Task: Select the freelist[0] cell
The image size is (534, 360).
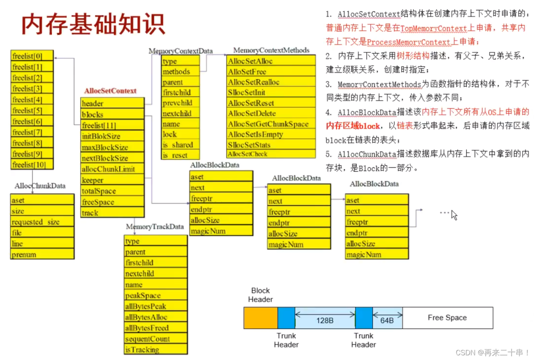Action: pyautogui.click(x=32, y=56)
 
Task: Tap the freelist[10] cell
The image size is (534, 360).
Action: pyautogui.click(x=32, y=164)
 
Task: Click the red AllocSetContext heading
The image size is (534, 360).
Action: pyautogui.click(x=110, y=91)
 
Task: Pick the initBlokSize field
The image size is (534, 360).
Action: pyautogui.click(x=112, y=136)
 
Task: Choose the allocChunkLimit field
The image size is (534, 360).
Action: pyautogui.click(x=112, y=169)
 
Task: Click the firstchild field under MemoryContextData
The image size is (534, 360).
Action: pyautogui.click(x=180, y=92)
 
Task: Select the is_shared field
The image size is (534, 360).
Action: pyautogui.click(x=180, y=145)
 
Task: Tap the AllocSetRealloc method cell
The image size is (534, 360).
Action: pyautogui.click(x=271, y=82)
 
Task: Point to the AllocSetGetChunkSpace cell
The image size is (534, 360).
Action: pyautogui.click(x=271, y=124)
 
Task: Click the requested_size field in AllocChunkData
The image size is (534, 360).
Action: pyautogui.click(x=42, y=222)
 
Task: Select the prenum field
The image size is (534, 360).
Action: pyautogui.click(x=42, y=255)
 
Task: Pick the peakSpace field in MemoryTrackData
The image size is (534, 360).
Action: pyautogui.click(x=155, y=295)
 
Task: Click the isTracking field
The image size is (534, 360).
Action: pyautogui.click(x=155, y=350)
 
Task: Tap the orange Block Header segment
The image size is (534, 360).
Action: pyautogui.click(x=261, y=318)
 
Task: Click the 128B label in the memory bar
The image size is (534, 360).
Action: pyautogui.click(x=325, y=320)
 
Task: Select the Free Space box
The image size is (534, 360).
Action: pyautogui.click(x=447, y=318)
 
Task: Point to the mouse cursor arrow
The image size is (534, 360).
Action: pyautogui.click(x=454, y=215)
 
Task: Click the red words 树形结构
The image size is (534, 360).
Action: pyautogui.click(x=413, y=56)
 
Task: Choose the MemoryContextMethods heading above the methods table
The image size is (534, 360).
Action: pyautogui.click(x=271, y=50)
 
